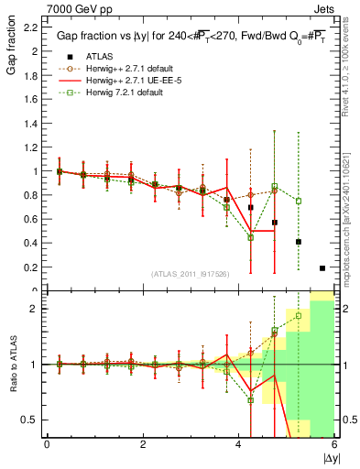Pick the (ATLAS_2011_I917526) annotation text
(190, 274)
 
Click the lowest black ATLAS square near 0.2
(322, 267)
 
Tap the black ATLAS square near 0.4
(299, 242)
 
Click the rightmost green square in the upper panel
(299, 201)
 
